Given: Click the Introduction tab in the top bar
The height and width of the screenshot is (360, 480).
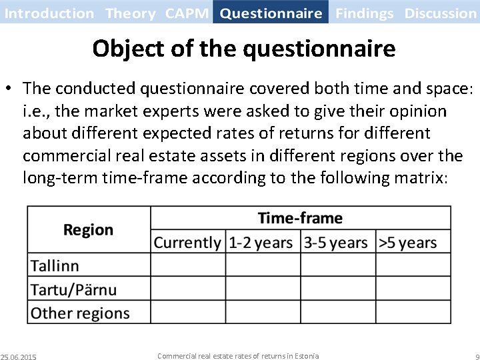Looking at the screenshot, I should [50, 13].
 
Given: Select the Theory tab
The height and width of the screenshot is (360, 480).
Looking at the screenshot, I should [130, 13].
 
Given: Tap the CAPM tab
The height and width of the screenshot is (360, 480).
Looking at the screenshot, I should [187, 13].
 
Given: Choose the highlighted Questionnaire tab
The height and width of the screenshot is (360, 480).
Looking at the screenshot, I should [271, 13].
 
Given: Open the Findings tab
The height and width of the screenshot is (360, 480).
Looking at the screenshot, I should [365, 13].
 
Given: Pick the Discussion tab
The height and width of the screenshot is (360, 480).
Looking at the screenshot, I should [440, 13].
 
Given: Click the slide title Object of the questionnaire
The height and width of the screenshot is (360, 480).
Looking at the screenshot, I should [243, 48].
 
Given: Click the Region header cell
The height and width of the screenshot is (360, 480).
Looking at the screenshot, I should [88, 230].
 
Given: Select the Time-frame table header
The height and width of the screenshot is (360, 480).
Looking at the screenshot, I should [300, 218].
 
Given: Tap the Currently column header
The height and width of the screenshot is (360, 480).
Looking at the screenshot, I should [187, 243].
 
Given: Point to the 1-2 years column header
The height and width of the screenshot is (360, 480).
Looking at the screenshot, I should [261, 243].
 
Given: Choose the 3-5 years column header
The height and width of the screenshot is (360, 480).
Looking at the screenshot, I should [336, 243].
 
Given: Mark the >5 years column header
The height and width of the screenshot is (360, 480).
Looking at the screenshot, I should [408, 243].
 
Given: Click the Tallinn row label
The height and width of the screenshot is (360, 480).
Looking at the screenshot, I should [55, 265].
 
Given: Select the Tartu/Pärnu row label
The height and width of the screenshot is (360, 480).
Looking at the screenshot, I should [73, 289].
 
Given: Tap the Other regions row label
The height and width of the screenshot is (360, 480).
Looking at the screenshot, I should [80, 313].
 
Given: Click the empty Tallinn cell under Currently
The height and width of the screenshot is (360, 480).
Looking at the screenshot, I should [187, 265].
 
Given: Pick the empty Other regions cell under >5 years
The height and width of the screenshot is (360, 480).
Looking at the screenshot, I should [413, 313].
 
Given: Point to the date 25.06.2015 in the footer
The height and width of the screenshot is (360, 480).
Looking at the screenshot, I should [19, 357].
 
